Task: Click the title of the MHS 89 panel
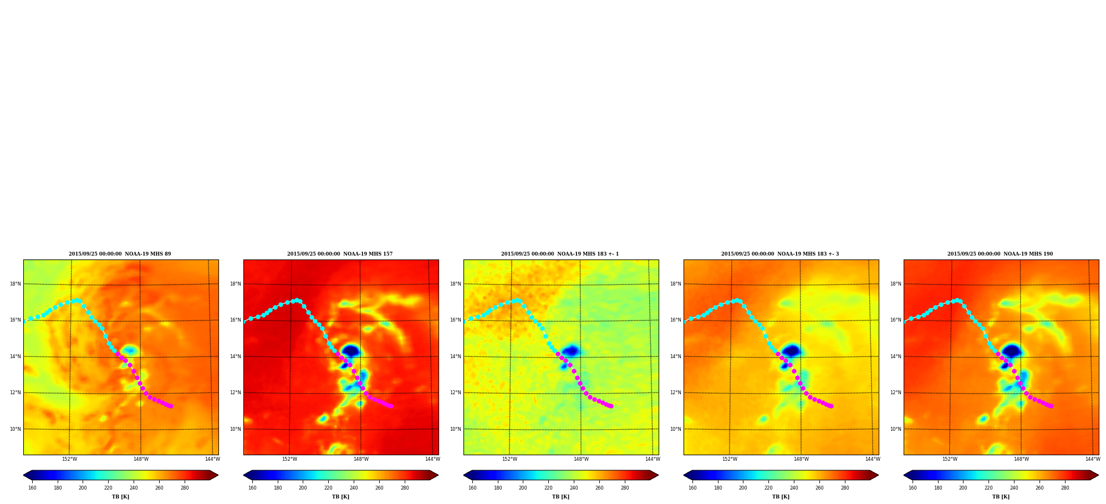(x=120, y=254)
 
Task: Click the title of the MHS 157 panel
(x=340, y=254)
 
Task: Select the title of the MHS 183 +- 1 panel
(x=560, y=254)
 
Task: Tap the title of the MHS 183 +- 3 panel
(x=780, y=254)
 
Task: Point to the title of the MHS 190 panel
(x=1000, y=254)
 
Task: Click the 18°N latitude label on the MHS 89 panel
(x=15, y=284)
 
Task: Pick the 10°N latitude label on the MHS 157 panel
(x=235, y=429)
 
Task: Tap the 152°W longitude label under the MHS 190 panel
(x=950, y=459)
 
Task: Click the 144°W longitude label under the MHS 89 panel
(x=212, y=459)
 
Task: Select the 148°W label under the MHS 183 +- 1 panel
(x=581, y=459)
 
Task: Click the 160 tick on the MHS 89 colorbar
(x=32, y=488)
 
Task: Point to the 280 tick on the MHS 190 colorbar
(x=1065, y=488)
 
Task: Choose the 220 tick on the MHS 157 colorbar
(x=328, y=488)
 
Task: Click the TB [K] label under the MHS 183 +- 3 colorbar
(x=781, y=497)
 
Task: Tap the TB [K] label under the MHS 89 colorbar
(x=120, y=497)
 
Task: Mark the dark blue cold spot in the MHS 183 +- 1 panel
(x=571, y=350)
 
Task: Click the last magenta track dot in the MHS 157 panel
(x=391, y=406)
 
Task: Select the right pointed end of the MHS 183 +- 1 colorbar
(x=658, y=475)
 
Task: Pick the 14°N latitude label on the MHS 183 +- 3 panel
(x=675, y=357)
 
